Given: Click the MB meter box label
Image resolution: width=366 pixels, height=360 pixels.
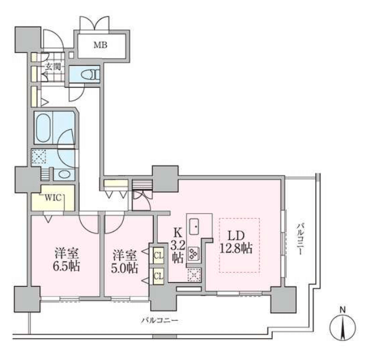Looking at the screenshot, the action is tap(100, 45).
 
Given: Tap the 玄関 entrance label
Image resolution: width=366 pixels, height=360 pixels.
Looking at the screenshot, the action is tap(53, 67).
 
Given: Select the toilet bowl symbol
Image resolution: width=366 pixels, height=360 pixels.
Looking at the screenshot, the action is tap(89, 74).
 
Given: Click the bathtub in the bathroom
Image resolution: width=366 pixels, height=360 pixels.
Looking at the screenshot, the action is tap(43, 128).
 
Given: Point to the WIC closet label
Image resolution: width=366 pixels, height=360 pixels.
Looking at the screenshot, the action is tap(53, 198).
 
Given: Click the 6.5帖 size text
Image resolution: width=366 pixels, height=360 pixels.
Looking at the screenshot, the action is tap(66, 266).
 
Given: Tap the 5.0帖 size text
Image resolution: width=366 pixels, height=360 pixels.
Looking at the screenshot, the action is tap(125, 268).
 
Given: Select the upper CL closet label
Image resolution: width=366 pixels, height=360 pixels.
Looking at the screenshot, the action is tap(159, 256).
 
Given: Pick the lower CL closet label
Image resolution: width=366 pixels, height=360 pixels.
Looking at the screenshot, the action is tap(159, 276).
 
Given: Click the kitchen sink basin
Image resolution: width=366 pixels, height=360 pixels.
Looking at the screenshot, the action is tap(194, 226).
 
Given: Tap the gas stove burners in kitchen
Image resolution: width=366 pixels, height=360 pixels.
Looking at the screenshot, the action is tap(193, 253).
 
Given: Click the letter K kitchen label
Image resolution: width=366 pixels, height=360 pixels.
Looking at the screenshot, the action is tap(178, 232).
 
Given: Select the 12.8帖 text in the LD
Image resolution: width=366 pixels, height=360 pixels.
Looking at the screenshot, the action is tap(236, 248).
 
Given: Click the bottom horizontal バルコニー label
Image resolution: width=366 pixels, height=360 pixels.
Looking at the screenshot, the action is tap(160, 320).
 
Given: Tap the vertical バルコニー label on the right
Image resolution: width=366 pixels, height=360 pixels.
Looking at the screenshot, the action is tap(300, 239).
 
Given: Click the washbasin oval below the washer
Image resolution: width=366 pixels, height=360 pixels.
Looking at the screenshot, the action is tap(64, 174).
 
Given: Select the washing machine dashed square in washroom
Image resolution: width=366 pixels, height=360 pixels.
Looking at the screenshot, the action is tap(39, 156).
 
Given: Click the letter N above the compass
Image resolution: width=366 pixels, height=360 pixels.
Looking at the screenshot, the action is tap(342, 310).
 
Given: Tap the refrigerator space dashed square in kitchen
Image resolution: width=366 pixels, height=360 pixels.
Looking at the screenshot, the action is tap(194, 275).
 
